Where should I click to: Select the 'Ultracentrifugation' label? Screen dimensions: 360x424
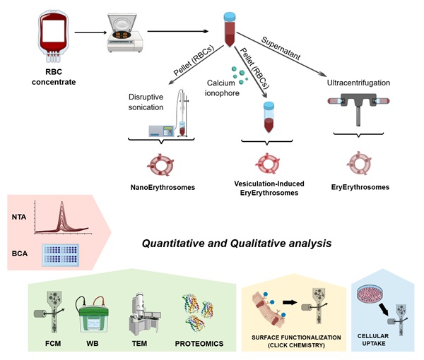(359, 83)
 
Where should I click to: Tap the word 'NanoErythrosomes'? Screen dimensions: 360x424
(162, 188)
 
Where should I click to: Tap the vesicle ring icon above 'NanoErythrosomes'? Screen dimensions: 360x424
(162, 164)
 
